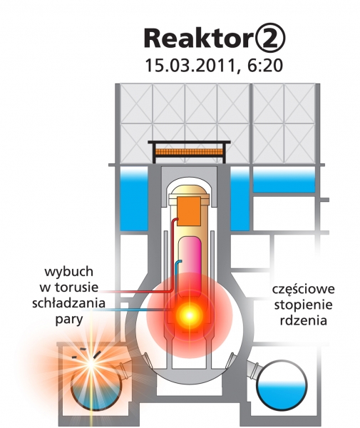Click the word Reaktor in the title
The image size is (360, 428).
pyautogui.click(x=197, y=39)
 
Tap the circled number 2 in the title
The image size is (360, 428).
pyautogui.click(x=268, y=39)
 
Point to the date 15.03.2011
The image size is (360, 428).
pyautogui.click(x=190, y=66)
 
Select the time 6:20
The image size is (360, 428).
pyautogui.click(x=264, y=66)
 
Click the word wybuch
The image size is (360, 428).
pyautogui.click(x=68, y=272)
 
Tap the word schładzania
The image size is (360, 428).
pyautogui.click(x=68, y=303)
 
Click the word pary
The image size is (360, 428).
pyautogui.click(x=69, y=320)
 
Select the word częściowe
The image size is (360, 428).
pyautogui.click(x=303, y=290)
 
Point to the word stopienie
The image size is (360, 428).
pyautogui.click(x=303, y=305)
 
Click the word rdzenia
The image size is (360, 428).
pyautogui.click(x=303, y=320)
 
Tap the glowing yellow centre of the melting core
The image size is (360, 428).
pyautogui.click(x=190, y=315)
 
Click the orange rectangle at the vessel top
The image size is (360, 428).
pyautogui.click(x=189, y=211)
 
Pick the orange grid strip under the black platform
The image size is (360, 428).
pyautogui.click(x=190, y=152)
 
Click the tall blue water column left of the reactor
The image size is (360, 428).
pyautogui.click(x=134, y=198)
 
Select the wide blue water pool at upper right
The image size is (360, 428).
pyautogui.click(x=284, y=180)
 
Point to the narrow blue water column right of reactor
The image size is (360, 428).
pyautogui.click(x=240, y=198)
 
